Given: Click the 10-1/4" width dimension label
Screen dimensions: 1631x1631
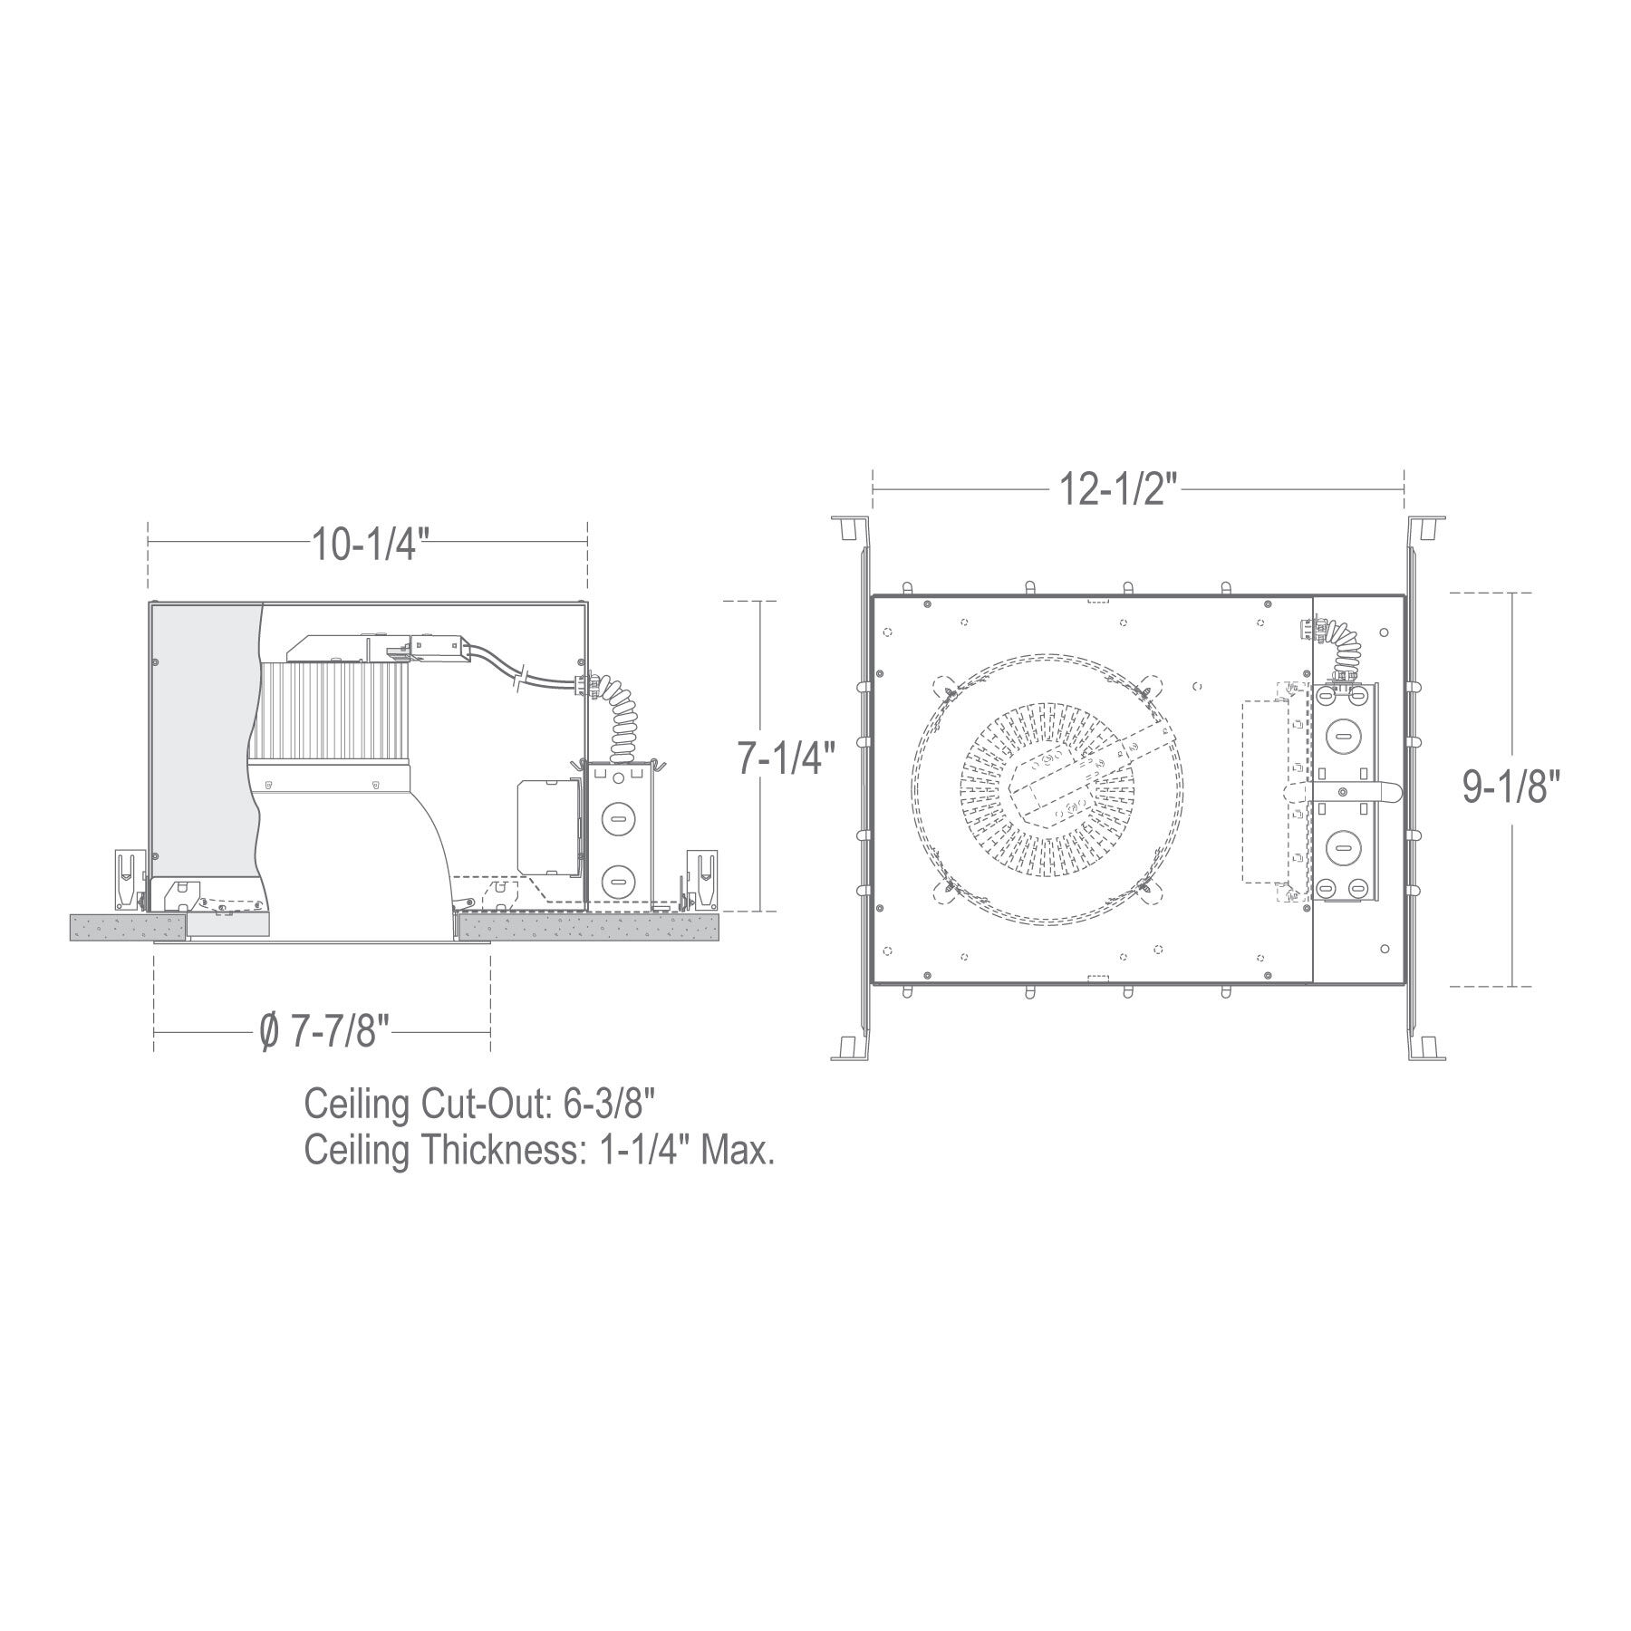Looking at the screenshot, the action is [x=367, y=545].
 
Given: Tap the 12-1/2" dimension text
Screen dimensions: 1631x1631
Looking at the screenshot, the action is [x=1118, y=490].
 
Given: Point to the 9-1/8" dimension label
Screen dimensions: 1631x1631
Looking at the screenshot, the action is [x=1513, y=787].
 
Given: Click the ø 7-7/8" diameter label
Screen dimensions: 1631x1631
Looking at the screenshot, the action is [x=323, y=1032].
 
